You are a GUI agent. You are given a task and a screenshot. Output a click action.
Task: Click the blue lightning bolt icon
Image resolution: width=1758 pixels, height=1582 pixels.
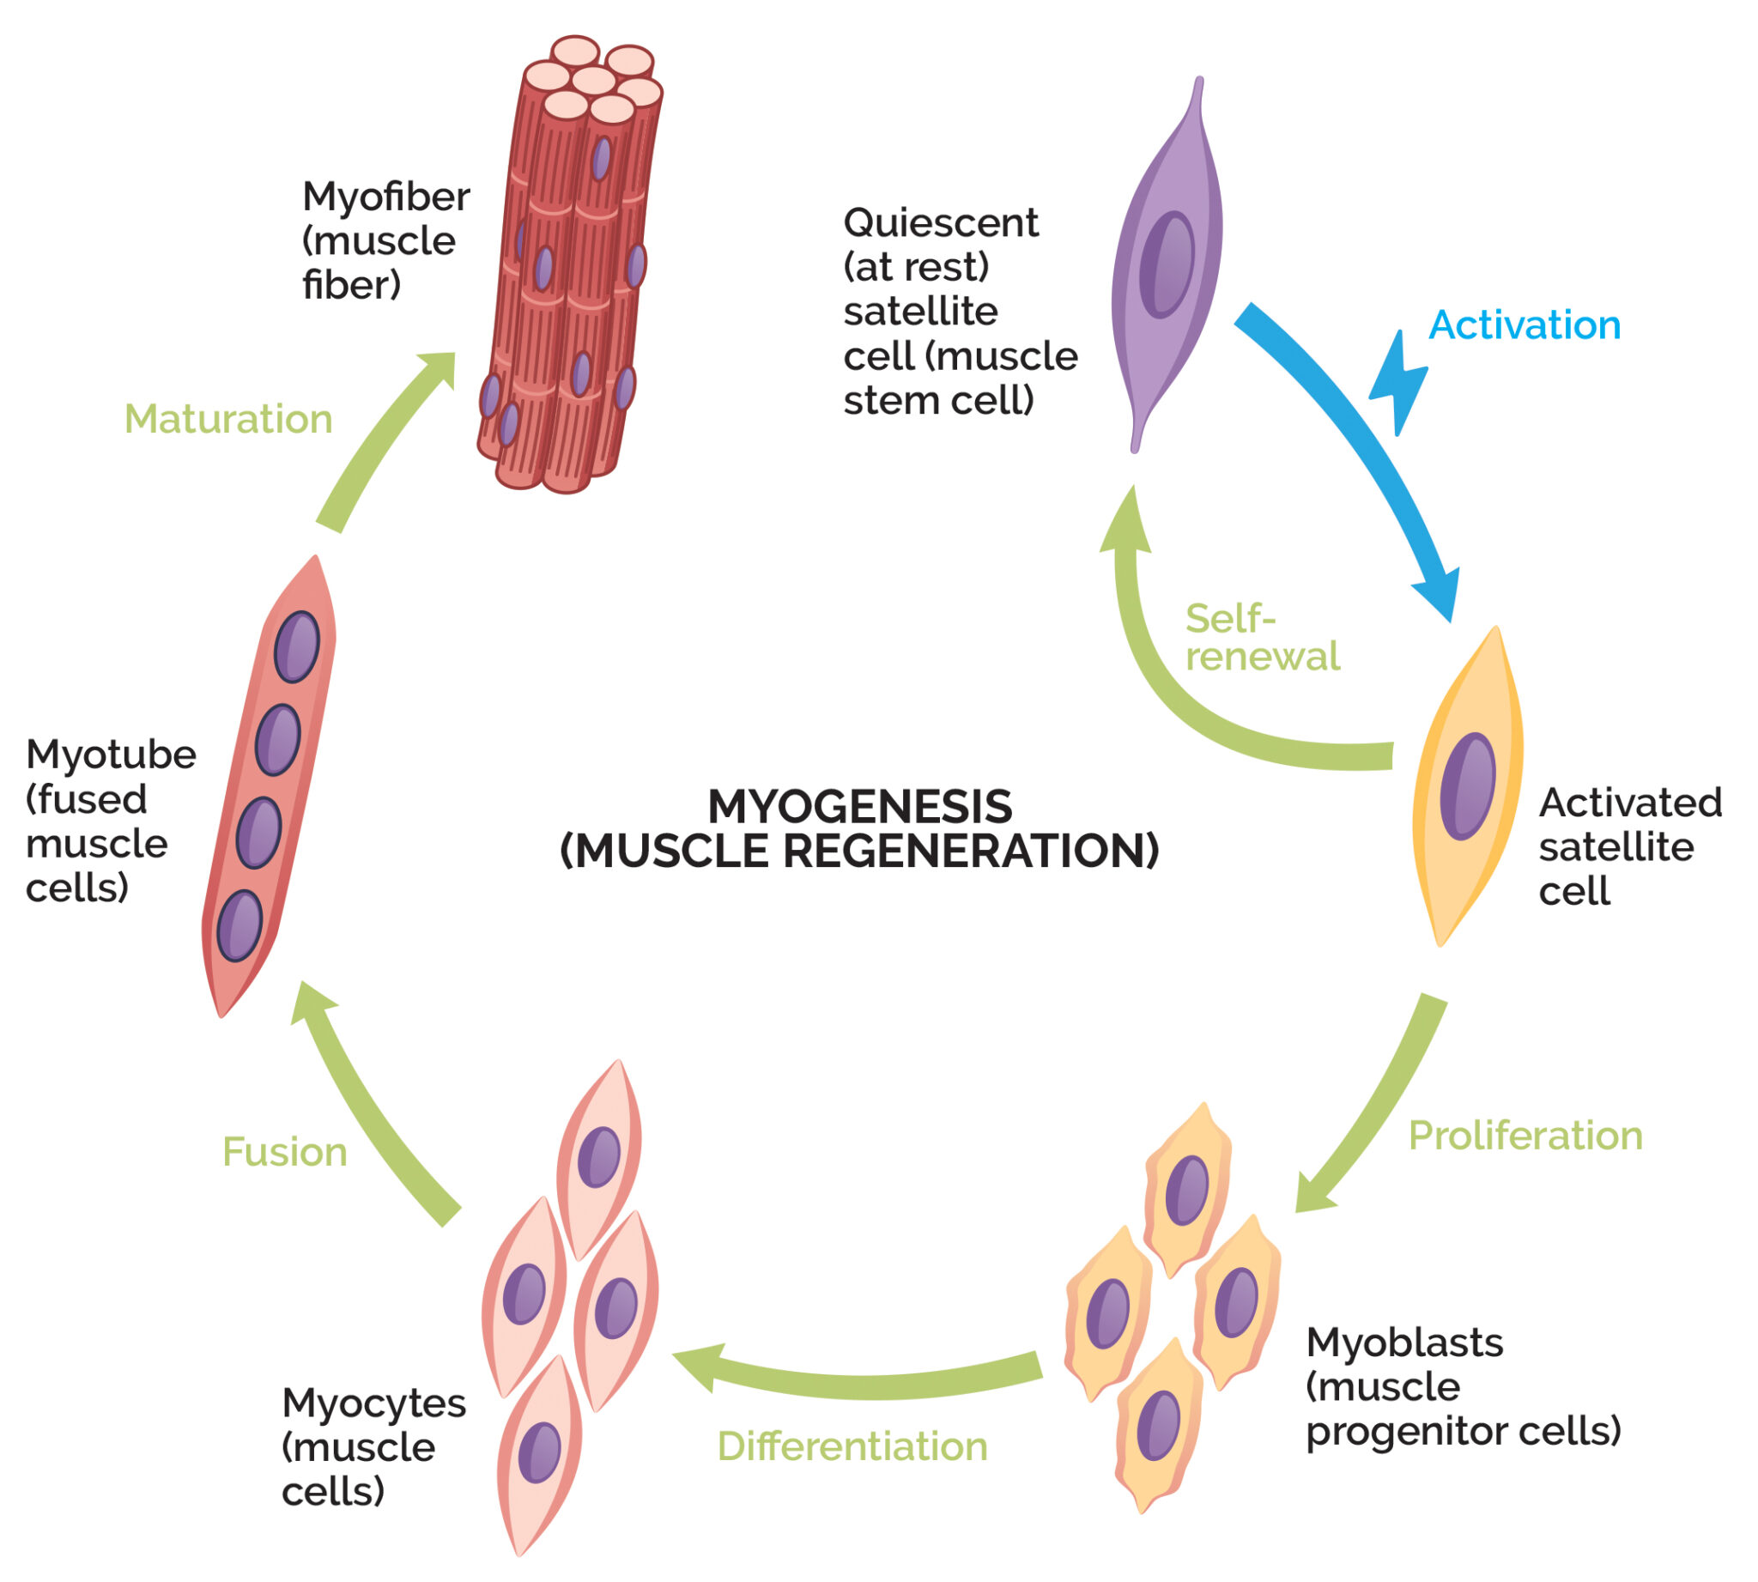pos(1397,384)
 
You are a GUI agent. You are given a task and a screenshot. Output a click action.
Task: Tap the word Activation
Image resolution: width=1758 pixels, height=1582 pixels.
pos(1525,325)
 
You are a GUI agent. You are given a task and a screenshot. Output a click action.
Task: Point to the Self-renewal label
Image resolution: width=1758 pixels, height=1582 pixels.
pos(1261,637)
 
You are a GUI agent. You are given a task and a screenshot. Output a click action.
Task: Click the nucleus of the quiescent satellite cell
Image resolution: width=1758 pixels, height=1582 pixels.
pos(1166,264)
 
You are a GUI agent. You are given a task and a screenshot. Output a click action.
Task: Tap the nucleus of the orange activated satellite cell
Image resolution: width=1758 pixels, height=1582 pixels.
pos(1468,785)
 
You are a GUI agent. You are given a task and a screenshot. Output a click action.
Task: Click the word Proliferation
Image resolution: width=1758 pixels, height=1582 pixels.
pos(1525,1136)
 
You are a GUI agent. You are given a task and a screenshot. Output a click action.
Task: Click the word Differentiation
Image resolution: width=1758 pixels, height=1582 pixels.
pos(852,1446)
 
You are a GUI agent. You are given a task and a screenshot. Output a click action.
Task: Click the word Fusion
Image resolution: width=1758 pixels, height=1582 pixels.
pos(284,1152)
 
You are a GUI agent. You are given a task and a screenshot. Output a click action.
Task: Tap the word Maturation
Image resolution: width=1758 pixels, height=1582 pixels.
pos(228,419)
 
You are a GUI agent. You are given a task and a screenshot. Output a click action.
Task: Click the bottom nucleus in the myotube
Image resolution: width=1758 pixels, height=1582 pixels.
pos(239,926)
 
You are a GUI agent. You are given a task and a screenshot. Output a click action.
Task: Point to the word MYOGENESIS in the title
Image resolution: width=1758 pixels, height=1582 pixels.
pos(859,807)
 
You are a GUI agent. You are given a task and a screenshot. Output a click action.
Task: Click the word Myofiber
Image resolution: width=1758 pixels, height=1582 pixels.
pos(385,197)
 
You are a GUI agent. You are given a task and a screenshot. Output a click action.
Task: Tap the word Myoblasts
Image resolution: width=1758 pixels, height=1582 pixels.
pos(1403,1343)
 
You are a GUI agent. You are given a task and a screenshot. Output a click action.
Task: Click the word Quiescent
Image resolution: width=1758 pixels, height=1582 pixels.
pos(940,222)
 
